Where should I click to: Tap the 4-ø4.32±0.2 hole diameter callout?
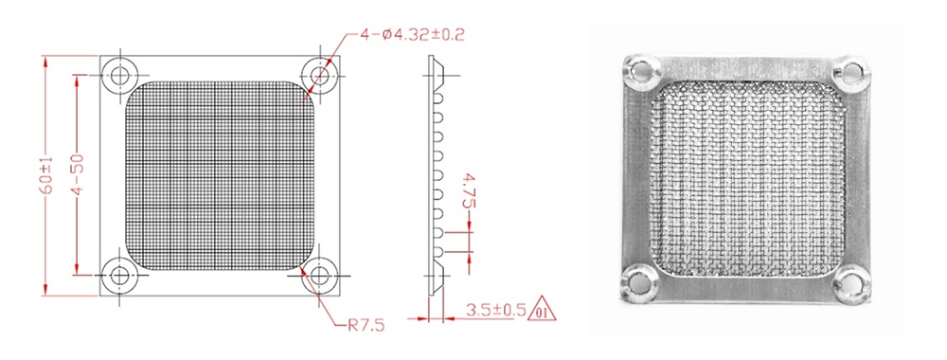[413, 34]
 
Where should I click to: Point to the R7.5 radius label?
[366, 326]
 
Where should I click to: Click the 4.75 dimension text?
[468, 190]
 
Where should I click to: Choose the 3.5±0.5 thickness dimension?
[495, 311]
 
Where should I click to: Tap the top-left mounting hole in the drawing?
[119, 76]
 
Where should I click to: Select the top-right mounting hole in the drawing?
[319, 76]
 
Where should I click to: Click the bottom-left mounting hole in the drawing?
[119, 276]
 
